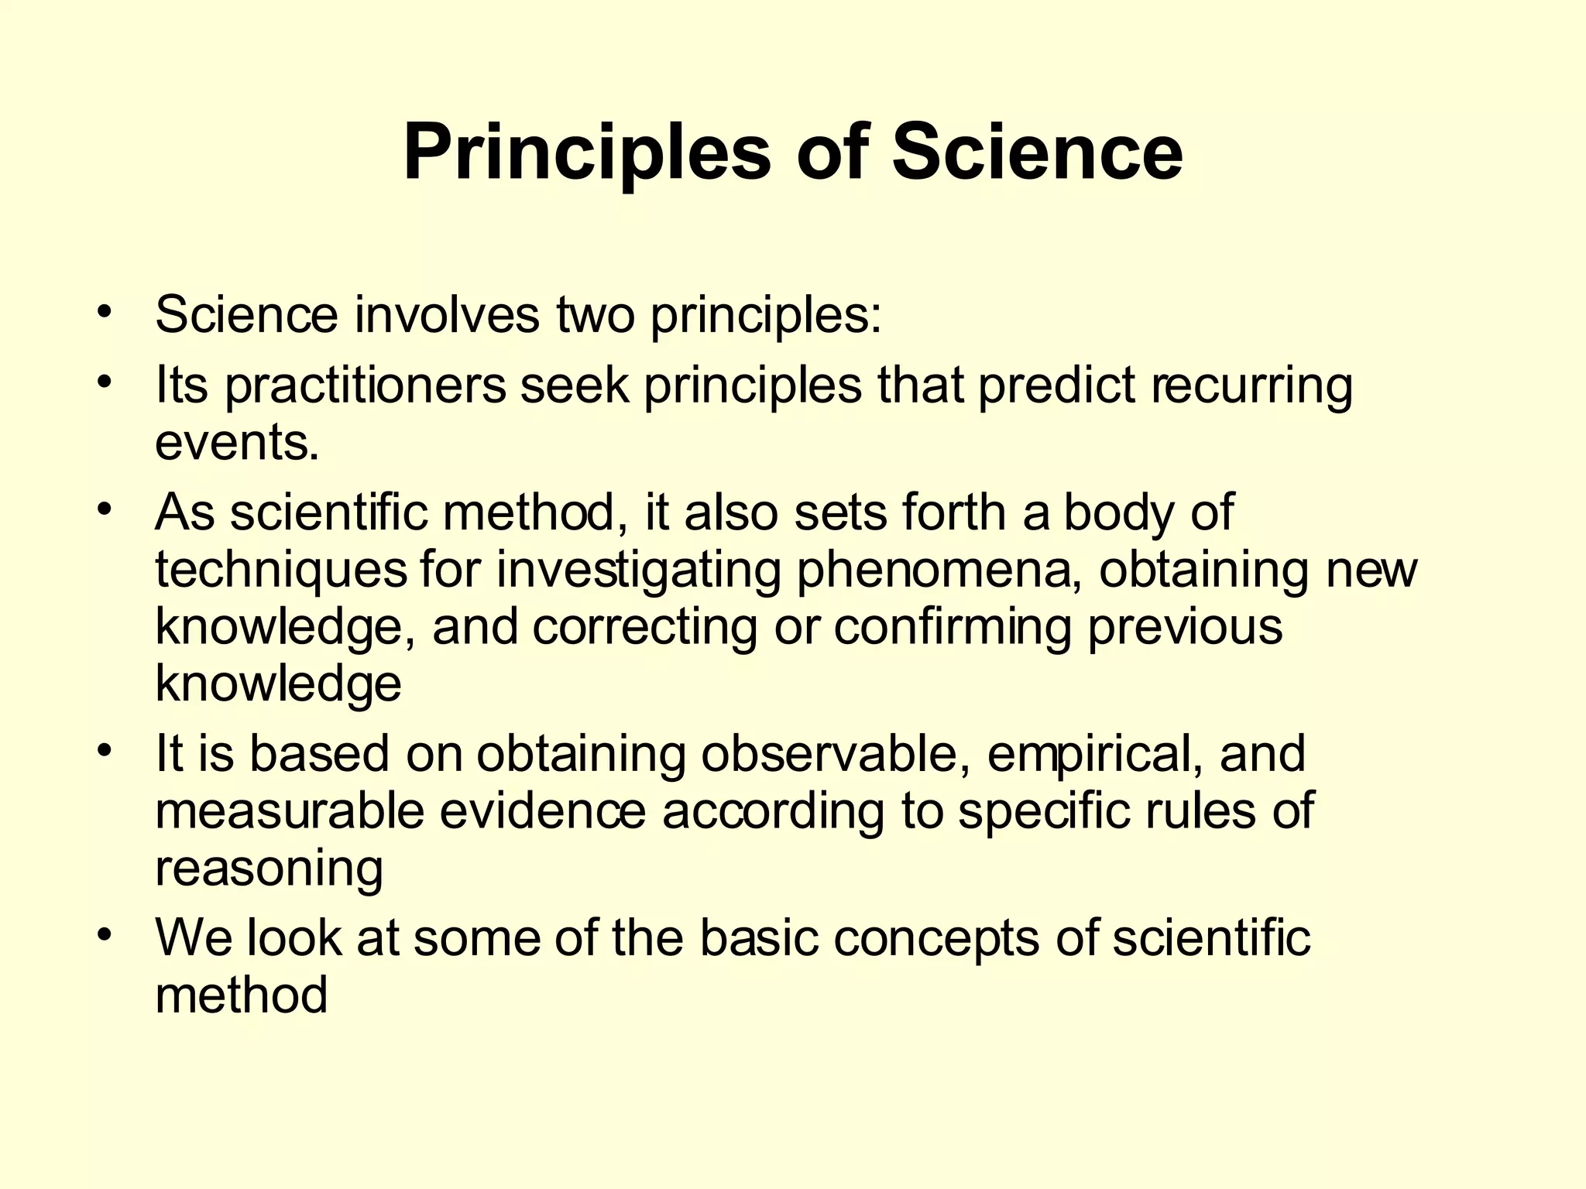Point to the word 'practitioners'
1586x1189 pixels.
[365, 385]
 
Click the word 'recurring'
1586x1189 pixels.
[1251, 385]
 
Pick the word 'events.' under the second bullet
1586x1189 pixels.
[237, 443]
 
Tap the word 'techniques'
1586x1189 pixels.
[280, 571]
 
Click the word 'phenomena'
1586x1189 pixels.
[939, 571]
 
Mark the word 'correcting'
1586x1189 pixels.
[645, 627]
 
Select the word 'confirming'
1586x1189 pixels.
[953, 627]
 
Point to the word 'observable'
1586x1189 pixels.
[836, 754]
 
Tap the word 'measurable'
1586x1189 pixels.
[290, 810]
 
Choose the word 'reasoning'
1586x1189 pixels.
[269, 869]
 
